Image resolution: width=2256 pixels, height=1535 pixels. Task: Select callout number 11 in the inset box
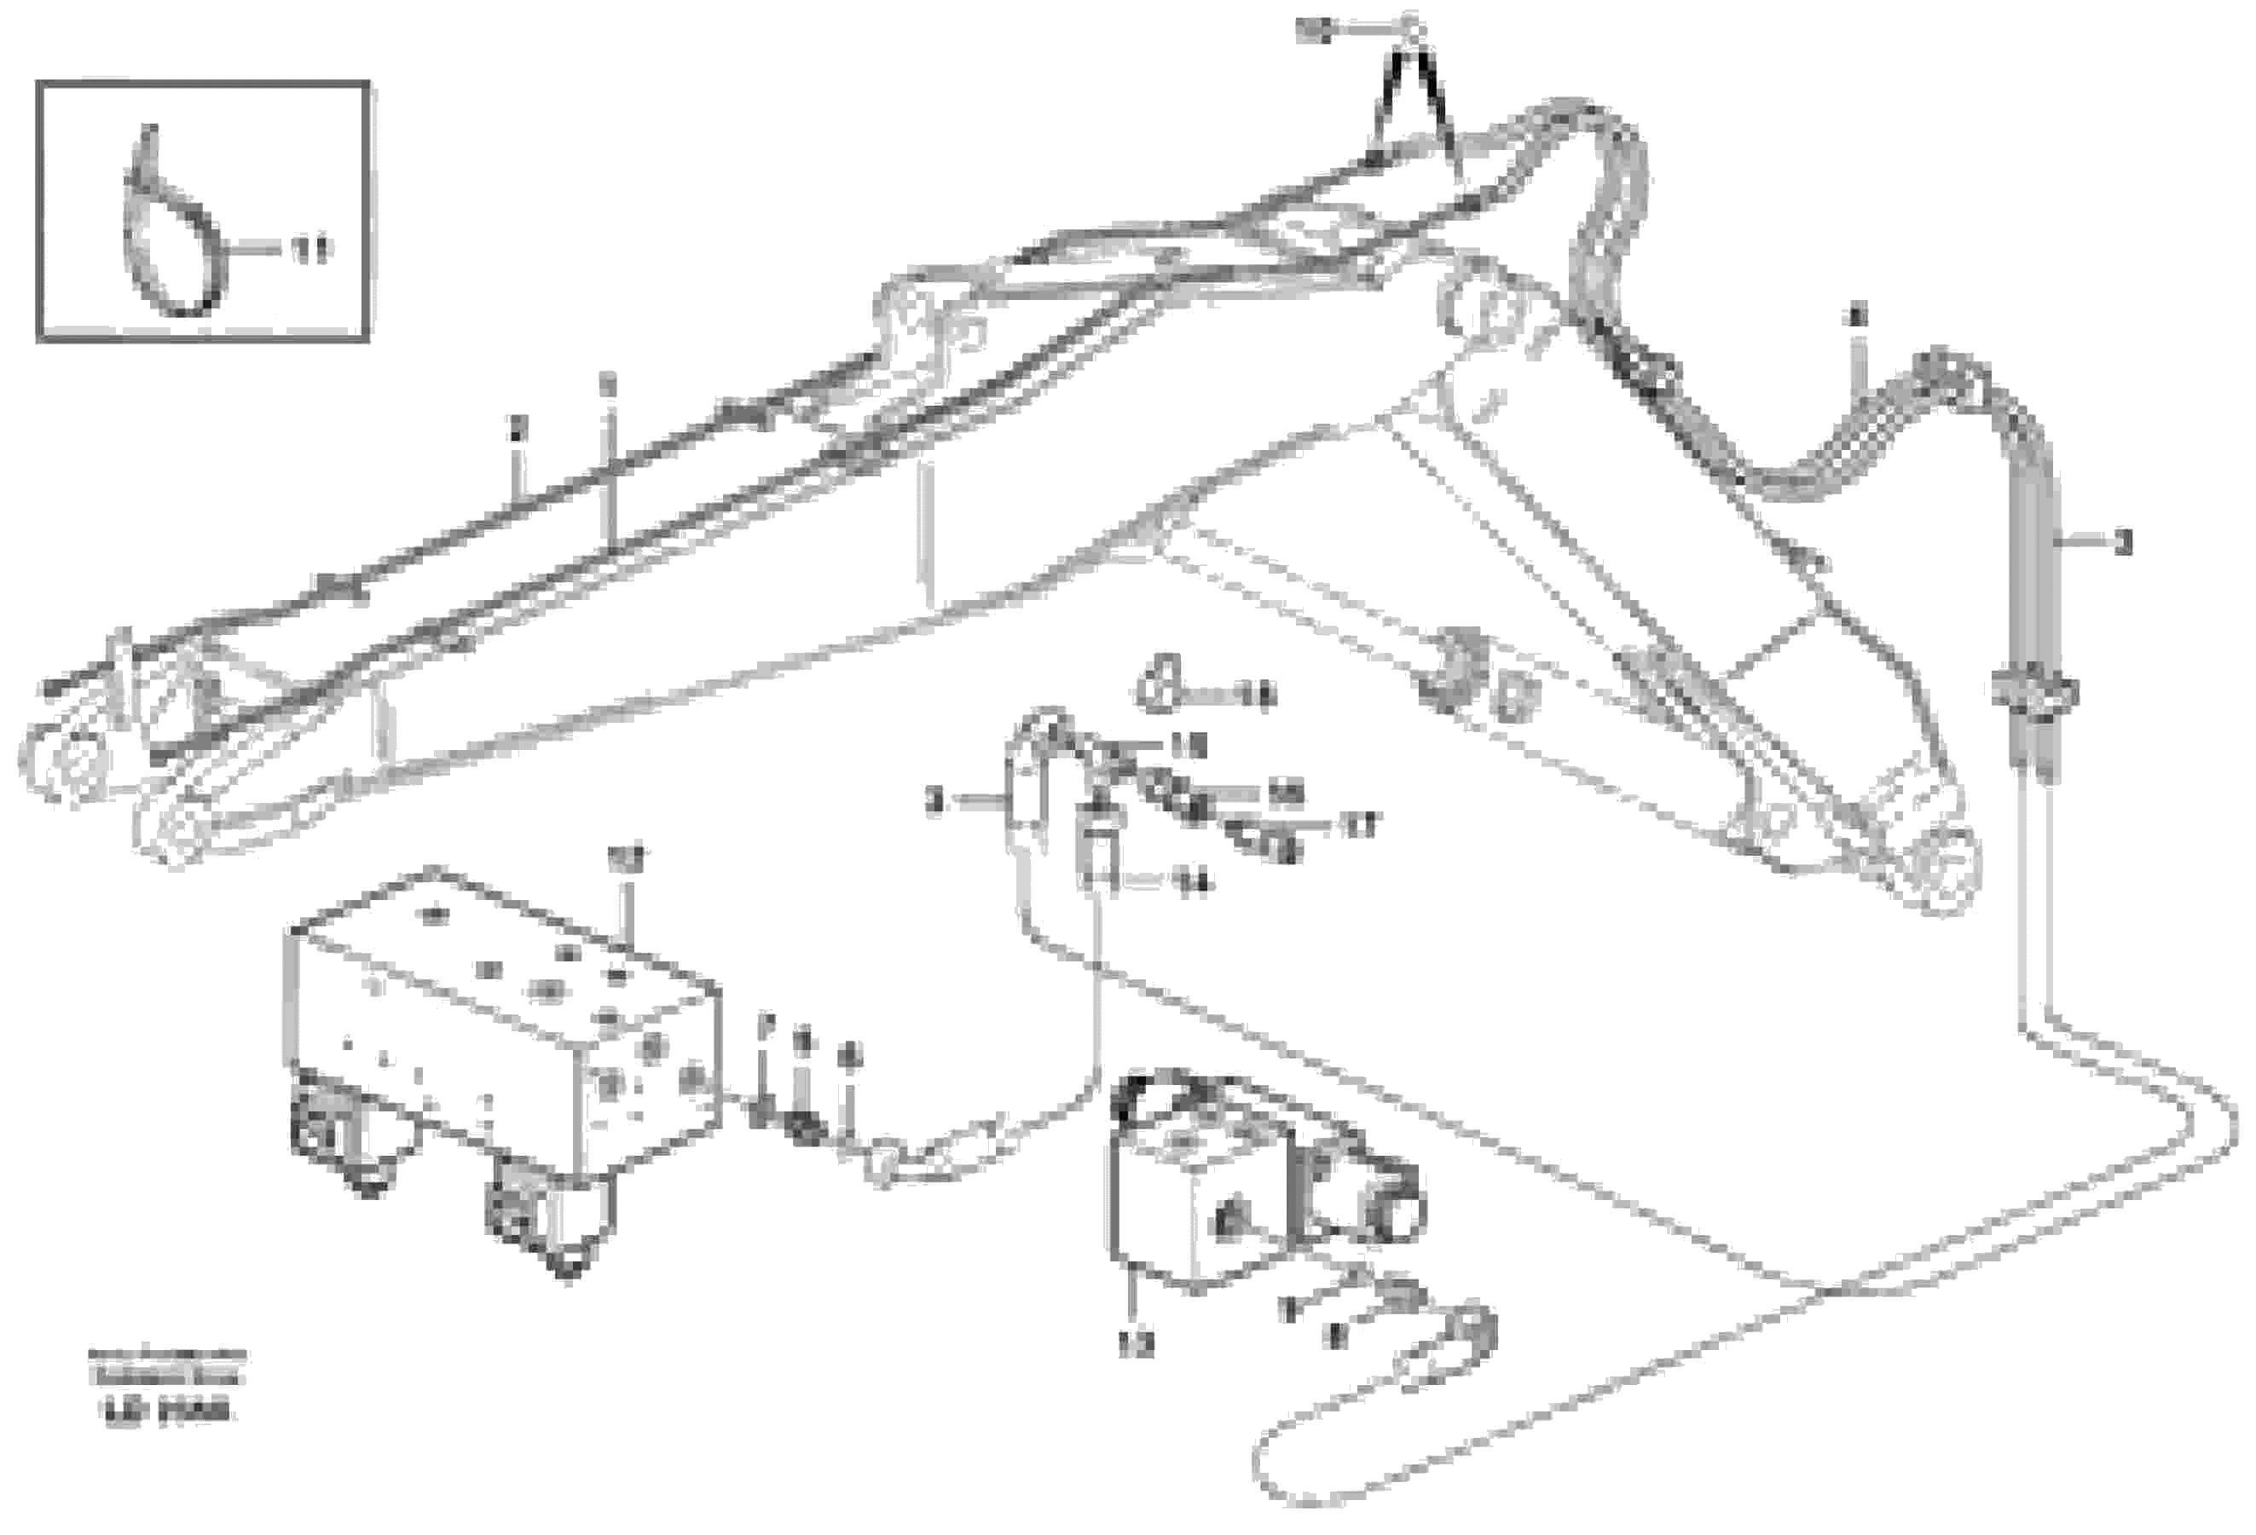tap(309, 251)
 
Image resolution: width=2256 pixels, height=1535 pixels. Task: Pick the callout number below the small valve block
tap(1136, 1346)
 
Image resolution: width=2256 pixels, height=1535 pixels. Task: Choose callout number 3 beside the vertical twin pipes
tap(2123, 544)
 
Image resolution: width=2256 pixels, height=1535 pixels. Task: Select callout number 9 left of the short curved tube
tap(934, 801)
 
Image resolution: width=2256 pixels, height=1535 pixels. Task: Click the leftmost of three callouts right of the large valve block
tap(765, 1024)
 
